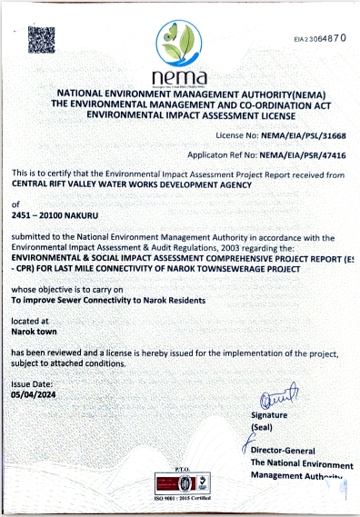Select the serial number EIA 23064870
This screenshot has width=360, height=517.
[x=319, y=39]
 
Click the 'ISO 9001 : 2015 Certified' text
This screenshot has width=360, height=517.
[x=179, y=500]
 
